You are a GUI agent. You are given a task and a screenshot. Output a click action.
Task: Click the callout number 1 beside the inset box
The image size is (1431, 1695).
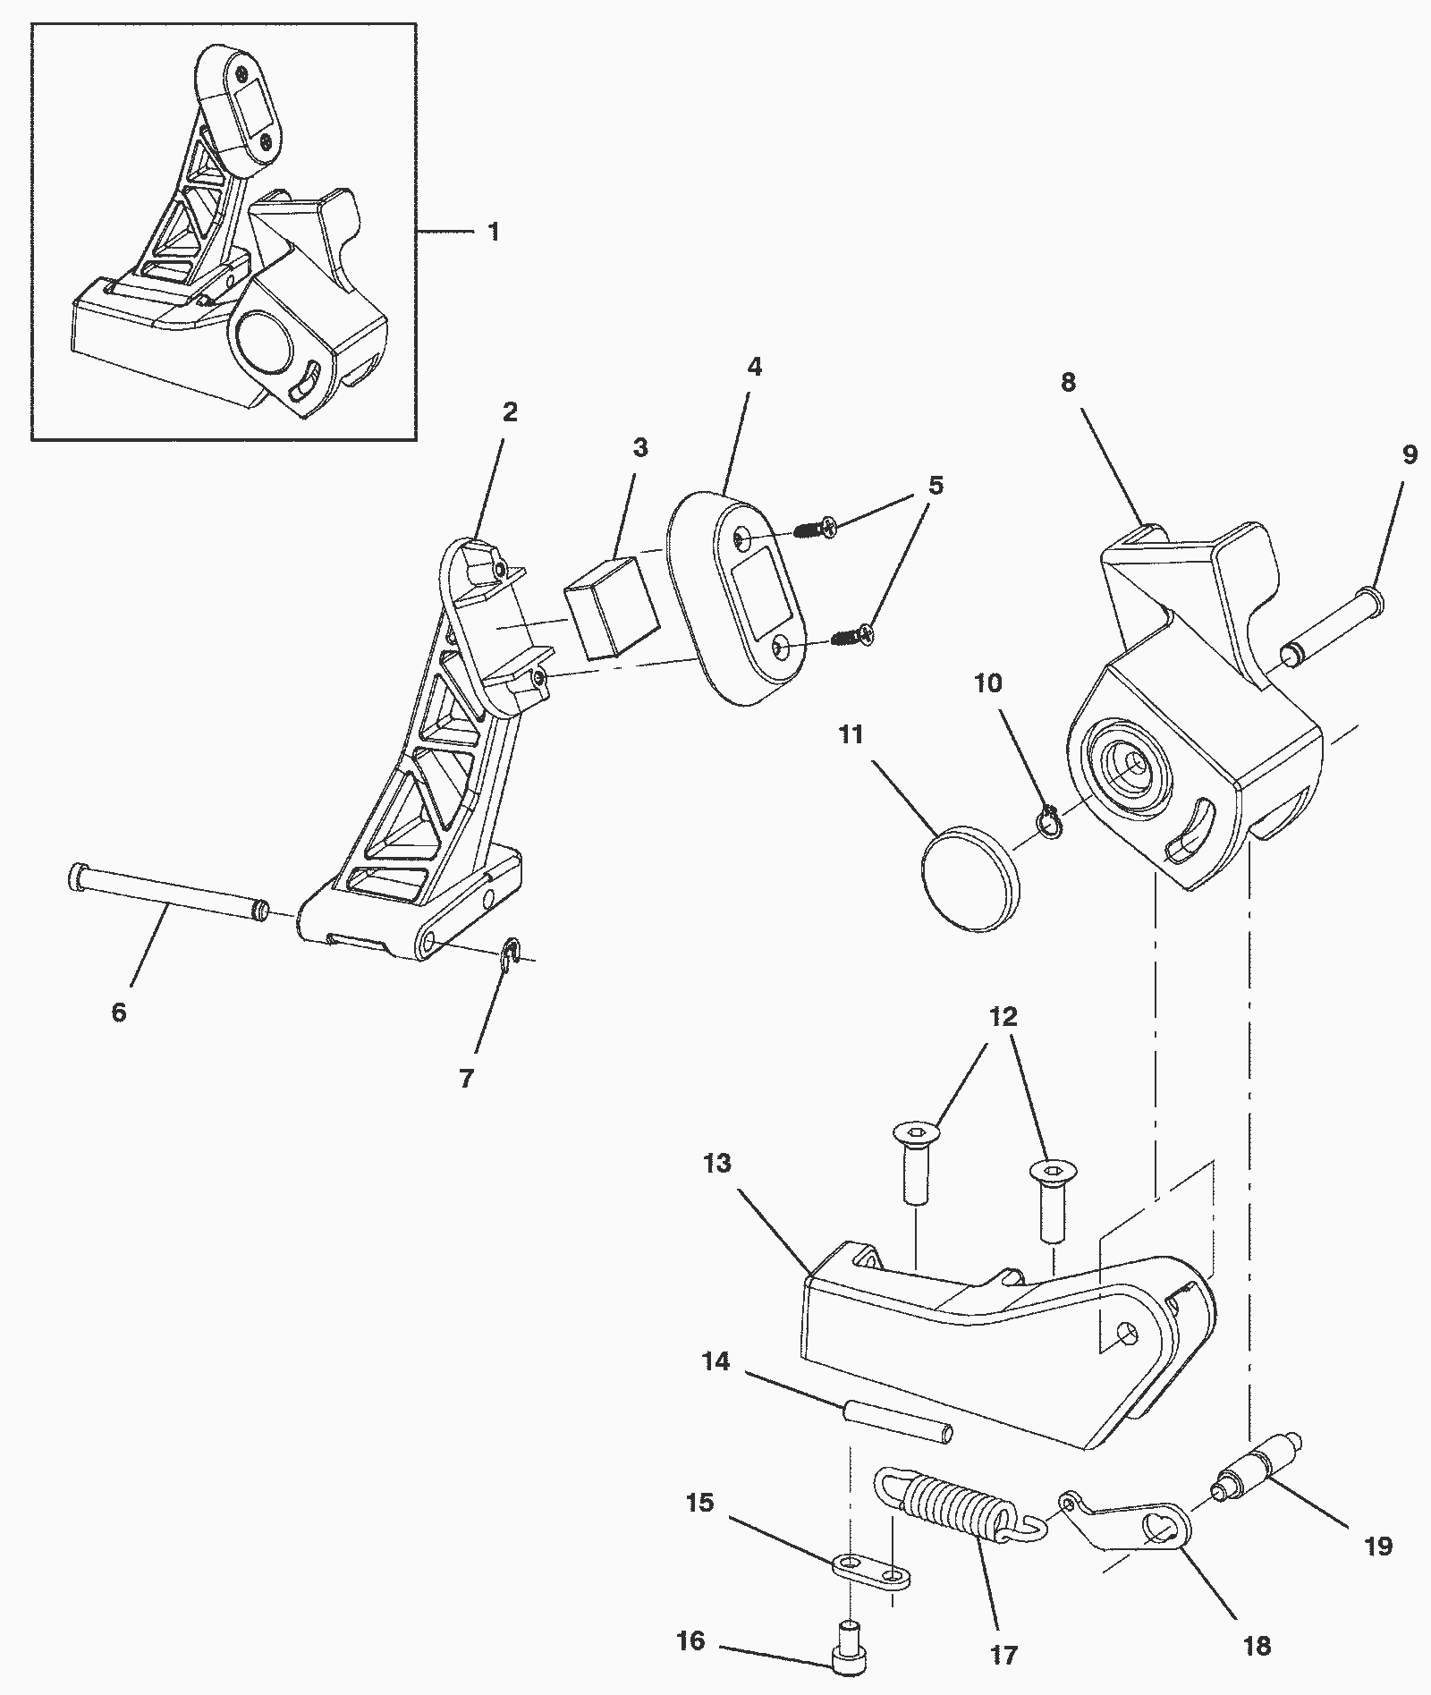click(494, 233)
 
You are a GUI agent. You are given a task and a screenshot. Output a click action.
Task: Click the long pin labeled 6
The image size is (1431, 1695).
click(168, 895)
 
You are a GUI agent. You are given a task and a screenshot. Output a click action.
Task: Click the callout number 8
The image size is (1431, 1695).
click(1068, 382)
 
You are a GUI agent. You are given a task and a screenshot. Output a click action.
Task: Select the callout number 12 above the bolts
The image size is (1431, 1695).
click(1003, 1017)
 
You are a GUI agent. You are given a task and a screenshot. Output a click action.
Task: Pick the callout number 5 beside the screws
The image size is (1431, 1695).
click(936, 486)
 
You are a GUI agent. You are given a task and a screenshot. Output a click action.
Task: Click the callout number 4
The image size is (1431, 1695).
click(754, 367)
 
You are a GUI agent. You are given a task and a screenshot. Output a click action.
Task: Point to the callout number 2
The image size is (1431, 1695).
click(510, 412)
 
